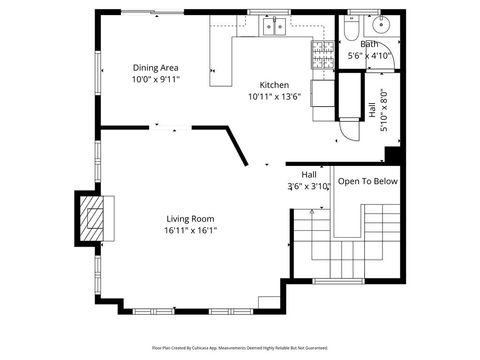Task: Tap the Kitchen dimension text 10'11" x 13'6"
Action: pos(274,97)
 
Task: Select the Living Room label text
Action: pos(189,218)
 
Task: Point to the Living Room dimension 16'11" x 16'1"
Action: pos(189,230)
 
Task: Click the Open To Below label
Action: pos(367,181)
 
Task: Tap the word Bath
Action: pos(369,44)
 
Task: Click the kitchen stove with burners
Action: pos(323,56)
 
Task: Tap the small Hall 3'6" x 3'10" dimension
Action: pos(309,186)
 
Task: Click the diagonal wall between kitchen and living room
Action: pos(238,146)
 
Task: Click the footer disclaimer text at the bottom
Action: pos(240,347)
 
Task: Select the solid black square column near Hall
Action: pos(392,155)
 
